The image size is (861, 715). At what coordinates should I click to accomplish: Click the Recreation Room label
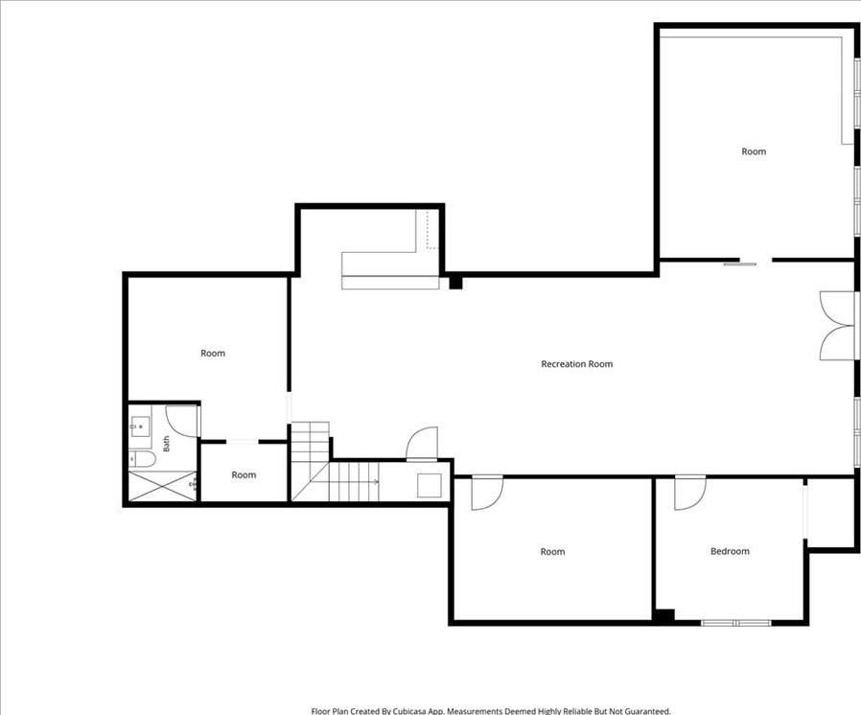point(576,364)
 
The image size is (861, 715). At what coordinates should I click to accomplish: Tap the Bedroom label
point(730,551)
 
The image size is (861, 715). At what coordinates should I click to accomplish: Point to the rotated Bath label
point(167,444)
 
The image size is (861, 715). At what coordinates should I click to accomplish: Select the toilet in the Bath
point(142,459)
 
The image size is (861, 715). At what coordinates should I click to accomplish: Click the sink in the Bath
point(140,426)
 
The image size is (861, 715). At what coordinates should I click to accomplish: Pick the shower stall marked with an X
point(163,486)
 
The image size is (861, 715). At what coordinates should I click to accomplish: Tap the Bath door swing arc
point(181,422)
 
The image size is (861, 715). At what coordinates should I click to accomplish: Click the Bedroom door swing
point(690,493)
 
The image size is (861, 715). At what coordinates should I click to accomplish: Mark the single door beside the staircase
point(422,444)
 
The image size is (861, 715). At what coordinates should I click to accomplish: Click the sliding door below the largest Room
point(739,264)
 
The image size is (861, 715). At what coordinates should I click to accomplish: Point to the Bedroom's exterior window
point(736,623)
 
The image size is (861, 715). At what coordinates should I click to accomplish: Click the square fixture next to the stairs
point(430,486)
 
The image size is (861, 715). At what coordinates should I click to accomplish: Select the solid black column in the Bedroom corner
point(663,616)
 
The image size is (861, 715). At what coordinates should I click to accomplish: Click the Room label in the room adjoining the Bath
point(213,354)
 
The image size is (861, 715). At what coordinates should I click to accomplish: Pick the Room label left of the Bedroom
point(552,551)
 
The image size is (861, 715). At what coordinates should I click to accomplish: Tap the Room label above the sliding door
point(754,151)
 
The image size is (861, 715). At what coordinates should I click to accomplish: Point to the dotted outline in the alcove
point(432,229)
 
